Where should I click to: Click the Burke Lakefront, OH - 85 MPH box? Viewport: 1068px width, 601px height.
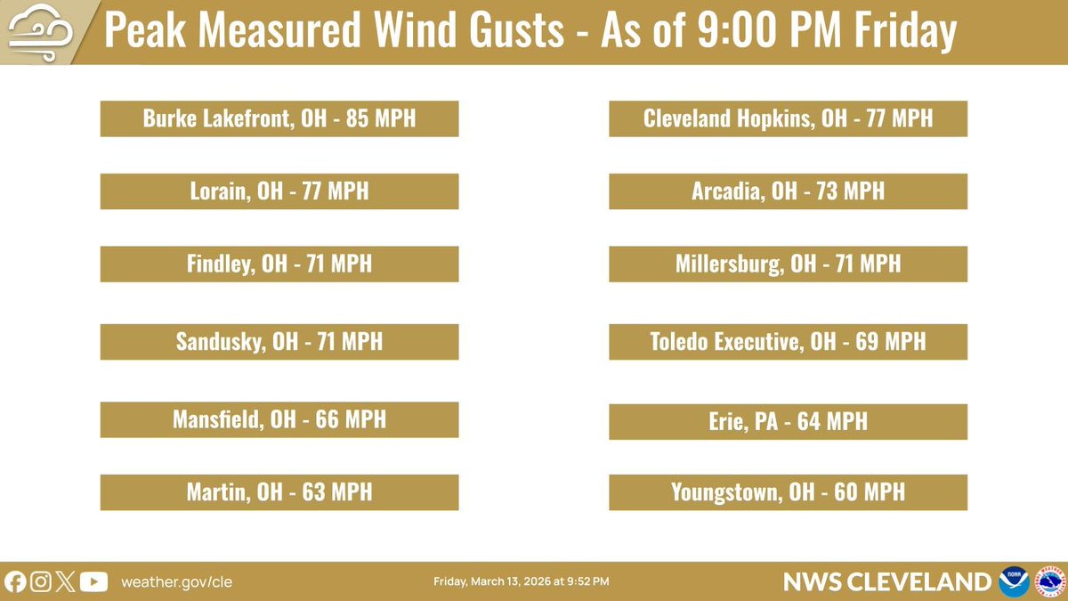[279, 118]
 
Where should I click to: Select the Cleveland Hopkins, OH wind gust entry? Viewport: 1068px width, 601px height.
[788, 118]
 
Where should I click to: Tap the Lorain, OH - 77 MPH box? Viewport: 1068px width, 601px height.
[279, 191]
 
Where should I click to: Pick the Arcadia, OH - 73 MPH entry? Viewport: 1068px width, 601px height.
[788, 191]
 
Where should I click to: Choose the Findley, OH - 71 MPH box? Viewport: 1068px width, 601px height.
[279, 264]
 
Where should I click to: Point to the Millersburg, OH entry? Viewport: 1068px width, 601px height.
[788, 264]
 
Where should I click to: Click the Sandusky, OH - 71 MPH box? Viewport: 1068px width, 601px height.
[279, 341]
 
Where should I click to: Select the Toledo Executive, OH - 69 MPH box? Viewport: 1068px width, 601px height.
[788, 341]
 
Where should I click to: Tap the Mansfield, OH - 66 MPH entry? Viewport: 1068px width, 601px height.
[279, 419]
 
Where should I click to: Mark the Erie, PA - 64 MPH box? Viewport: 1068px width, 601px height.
[788, 421]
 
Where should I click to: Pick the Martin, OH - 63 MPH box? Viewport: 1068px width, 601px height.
[279, 491]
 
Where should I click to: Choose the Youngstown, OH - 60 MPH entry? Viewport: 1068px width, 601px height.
[788, 491]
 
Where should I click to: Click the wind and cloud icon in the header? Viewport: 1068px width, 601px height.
[35, 32]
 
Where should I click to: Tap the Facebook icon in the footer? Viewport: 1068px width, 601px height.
[15, 581]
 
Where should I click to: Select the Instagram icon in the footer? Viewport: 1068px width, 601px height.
[40, 581]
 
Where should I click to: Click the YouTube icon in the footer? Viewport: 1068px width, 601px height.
[93, 581]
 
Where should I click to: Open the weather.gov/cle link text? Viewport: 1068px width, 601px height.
[176, 581]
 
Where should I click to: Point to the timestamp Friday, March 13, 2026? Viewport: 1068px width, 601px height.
[522, 581]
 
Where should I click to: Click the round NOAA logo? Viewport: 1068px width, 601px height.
[1014, 581]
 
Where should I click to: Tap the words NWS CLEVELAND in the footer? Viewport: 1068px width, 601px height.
[886, 581]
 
